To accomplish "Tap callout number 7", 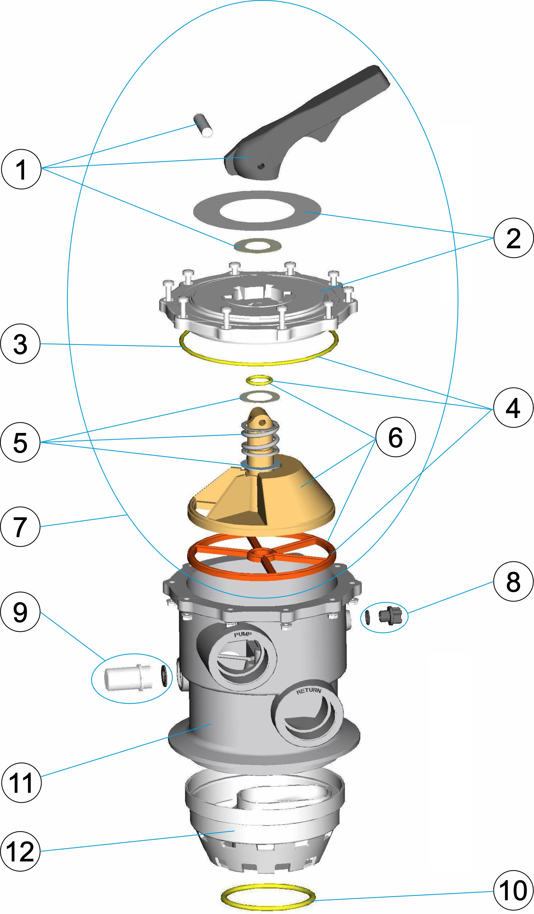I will coord(20,526).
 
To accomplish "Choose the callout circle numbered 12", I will coord(20,851).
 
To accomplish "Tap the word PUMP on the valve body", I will coord(243,634).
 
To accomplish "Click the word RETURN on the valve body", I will coord(309,691).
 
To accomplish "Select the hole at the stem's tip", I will coord(260,421).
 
